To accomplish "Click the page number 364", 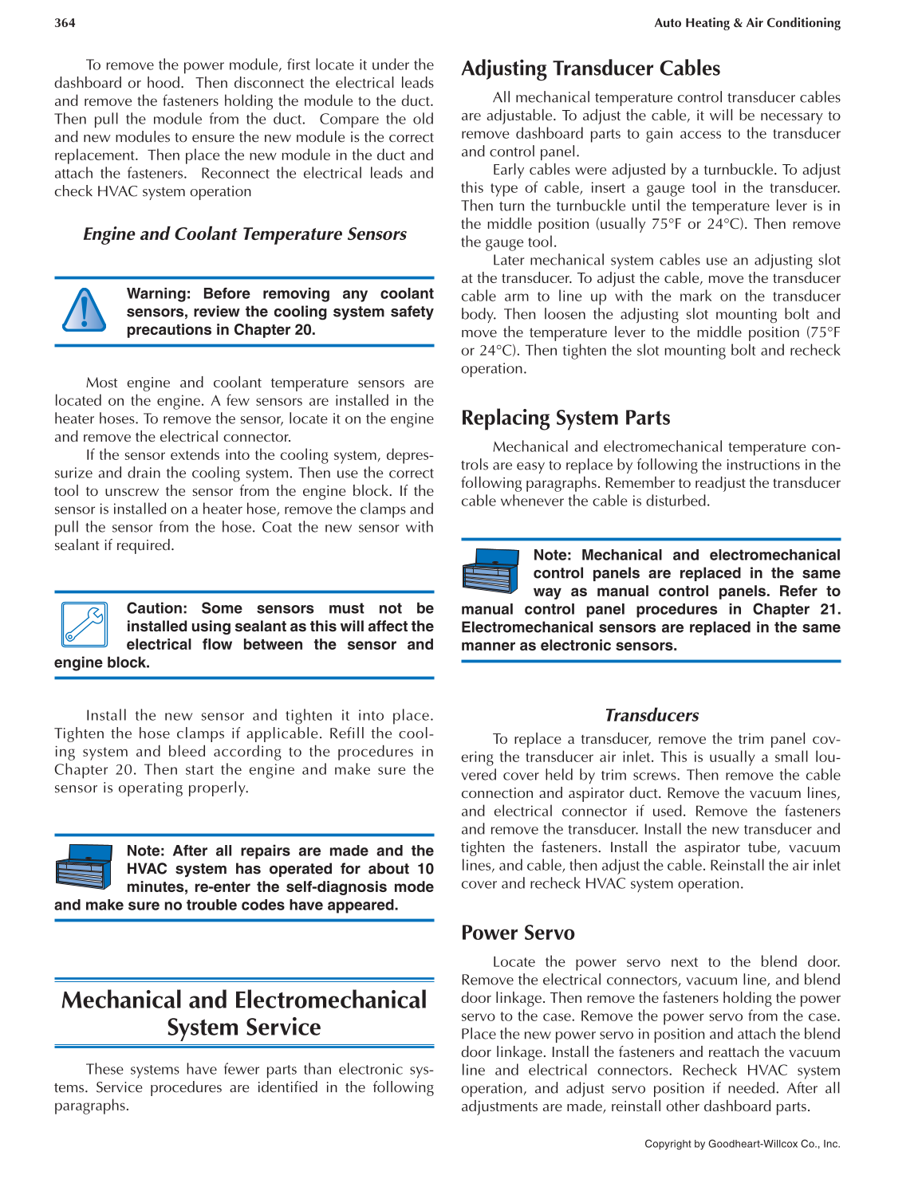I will (65, 23).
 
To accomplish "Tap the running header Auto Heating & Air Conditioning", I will (747, 23).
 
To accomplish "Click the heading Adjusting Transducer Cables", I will (590, 69).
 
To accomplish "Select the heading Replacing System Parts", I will (565, 418).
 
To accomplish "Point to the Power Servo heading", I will (518, 933).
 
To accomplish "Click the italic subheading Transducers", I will (651, 715).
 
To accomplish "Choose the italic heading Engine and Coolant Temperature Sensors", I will (244, 234).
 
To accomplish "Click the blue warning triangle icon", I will (84, 310).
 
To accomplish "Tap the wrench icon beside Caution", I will (84, 624).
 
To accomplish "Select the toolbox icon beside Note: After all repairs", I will (84, 866).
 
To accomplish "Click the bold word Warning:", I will (158, 294).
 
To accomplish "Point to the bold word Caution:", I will (156, 608).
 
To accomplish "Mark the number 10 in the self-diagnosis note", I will (425, 869).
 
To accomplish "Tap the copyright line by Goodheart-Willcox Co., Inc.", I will (742, 1144).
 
